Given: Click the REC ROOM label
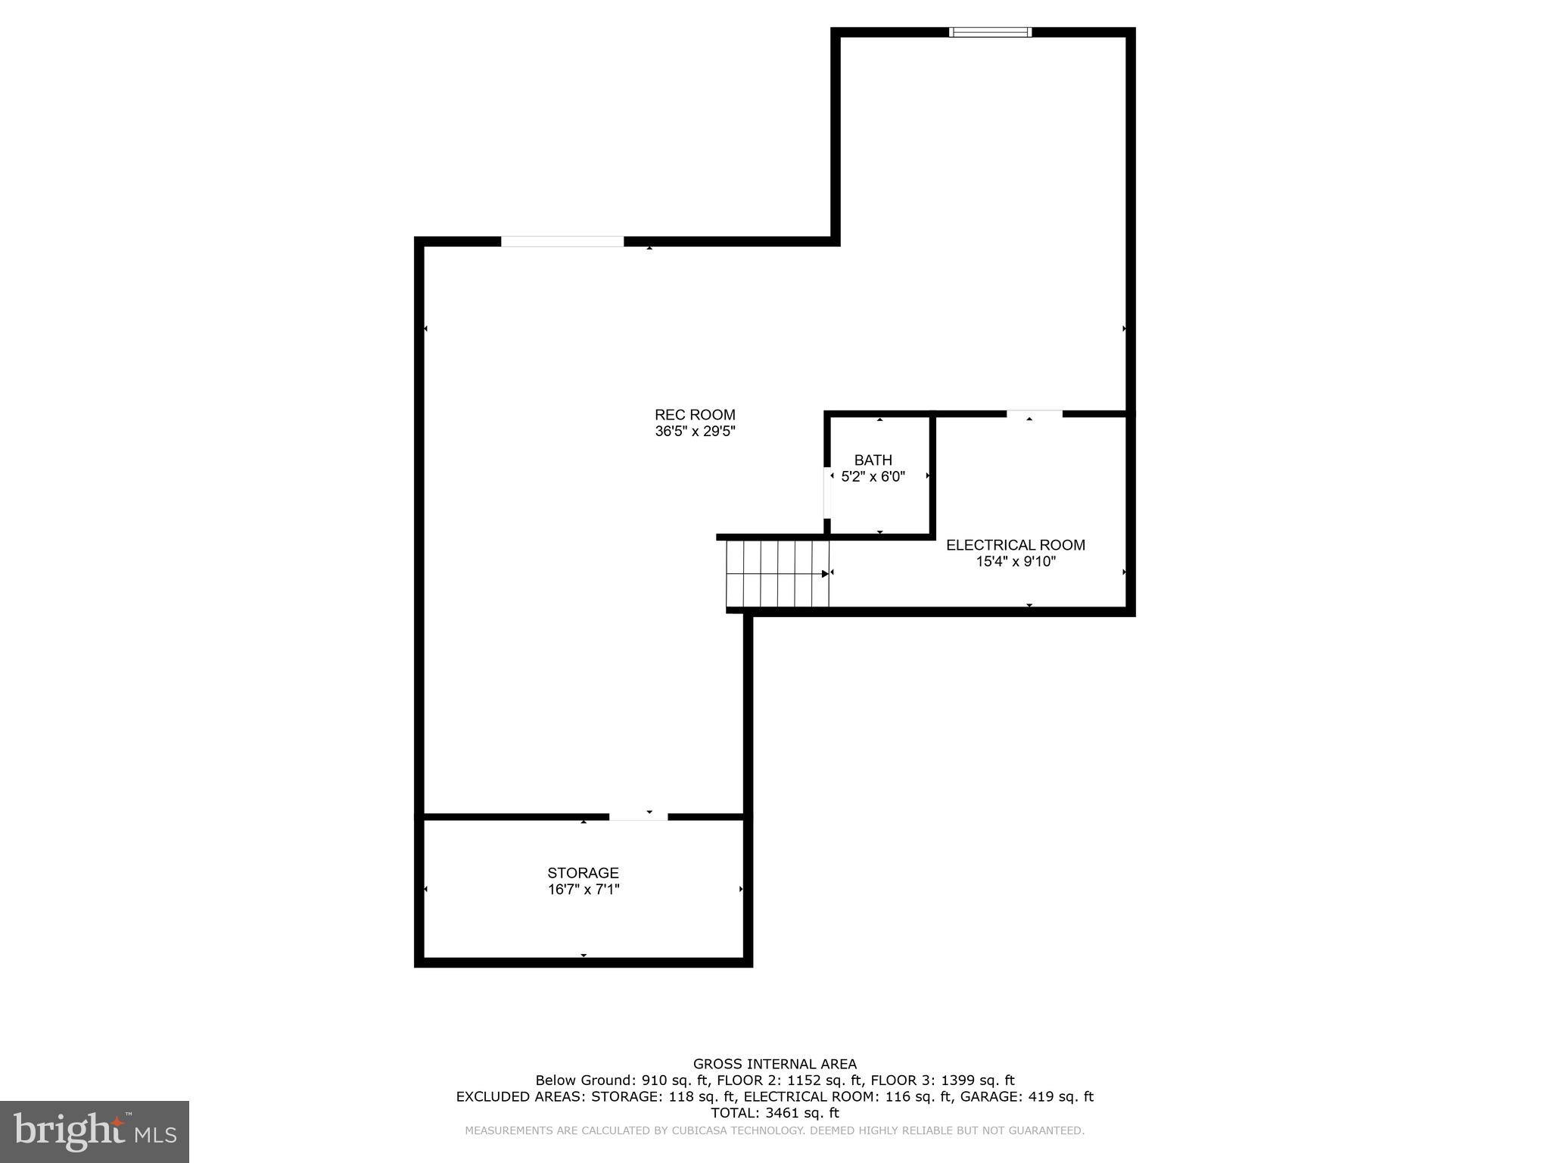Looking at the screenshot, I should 695,415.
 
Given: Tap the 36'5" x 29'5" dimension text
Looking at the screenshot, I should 695,432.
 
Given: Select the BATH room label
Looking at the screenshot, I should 873,460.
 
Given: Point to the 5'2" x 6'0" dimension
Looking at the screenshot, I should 873,477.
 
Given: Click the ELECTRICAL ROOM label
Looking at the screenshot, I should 1015,545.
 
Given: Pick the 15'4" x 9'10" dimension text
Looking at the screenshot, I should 1015,562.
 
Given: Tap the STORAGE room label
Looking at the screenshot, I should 583,873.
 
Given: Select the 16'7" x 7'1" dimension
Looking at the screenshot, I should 583,890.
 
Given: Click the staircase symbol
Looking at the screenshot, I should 777,573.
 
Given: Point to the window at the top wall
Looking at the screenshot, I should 990,32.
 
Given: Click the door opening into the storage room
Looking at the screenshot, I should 638,816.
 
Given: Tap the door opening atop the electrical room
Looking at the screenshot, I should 1034,413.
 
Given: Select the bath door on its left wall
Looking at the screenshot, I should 827,492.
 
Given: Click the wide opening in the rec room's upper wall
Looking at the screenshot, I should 562,242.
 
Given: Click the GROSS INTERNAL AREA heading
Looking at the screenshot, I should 774,1064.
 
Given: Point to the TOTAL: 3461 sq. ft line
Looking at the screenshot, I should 774,1113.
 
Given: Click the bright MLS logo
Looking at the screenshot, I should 94,1131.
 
